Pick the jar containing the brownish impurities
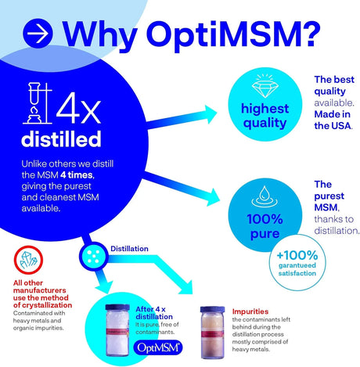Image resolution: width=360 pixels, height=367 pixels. click(218, 331)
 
